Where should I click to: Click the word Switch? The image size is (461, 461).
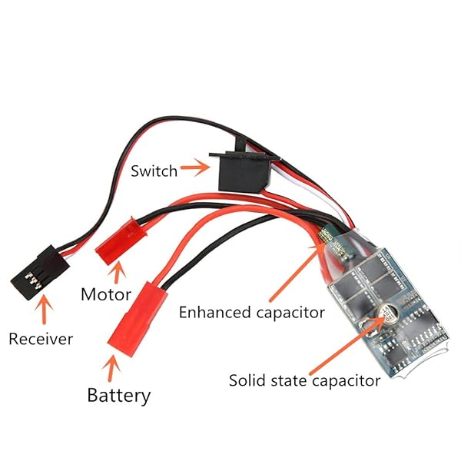coord(154,170)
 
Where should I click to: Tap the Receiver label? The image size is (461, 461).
coord(40,338)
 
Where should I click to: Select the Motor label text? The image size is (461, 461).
coord(105,294)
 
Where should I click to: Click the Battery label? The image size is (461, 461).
coord(118,396)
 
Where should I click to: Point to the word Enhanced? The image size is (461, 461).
coord(212,313)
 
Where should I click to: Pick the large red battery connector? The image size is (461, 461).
coord(140,316)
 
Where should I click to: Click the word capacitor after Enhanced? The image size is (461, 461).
coord(286,313)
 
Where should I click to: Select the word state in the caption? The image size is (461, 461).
coord(290,380)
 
